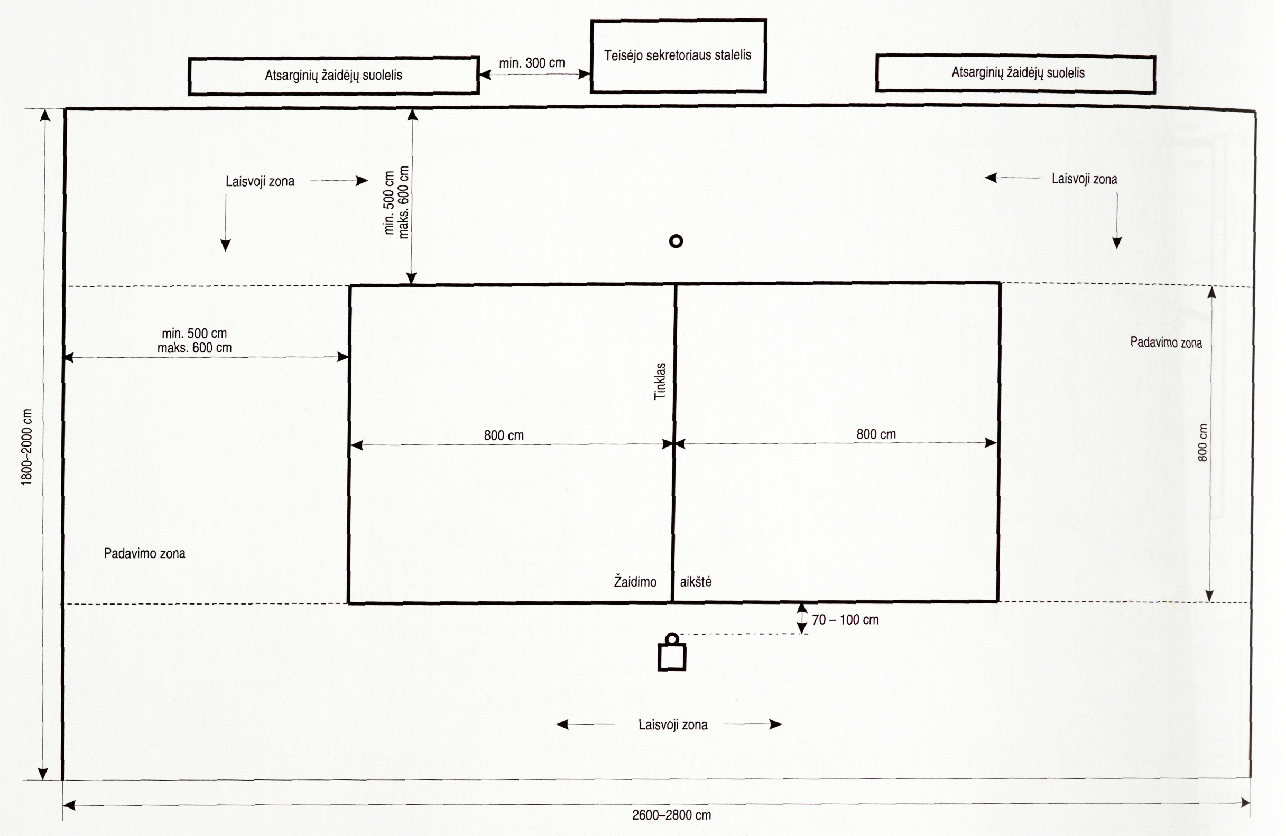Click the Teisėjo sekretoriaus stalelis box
678,55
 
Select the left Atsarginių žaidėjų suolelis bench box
334,76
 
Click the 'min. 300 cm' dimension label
532,63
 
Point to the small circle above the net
676,241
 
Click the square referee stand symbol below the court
672,656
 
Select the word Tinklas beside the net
660,382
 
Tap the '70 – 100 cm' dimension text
845,620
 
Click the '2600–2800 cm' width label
671,815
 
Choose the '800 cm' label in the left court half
504,435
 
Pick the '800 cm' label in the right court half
876,434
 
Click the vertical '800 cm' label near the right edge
1202,443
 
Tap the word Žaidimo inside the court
635,582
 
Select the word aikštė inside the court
696,582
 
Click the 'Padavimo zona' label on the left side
144,554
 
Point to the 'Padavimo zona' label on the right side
1166,342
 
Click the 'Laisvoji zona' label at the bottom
673,724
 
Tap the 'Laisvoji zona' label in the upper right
1084,179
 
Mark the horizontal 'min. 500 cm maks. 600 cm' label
195,341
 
